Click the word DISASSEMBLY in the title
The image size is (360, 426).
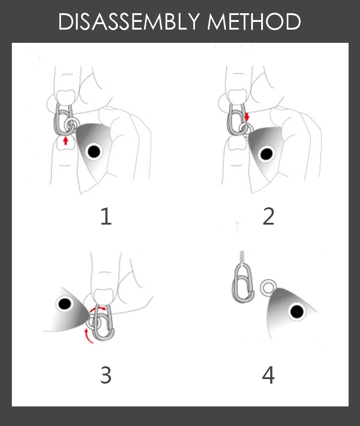tap(129, 21)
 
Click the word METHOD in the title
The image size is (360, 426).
tap(254, 21)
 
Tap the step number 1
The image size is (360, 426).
tap(106, 216)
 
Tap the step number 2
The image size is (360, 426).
tap(268, 216)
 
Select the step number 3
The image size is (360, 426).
tap(106, 375)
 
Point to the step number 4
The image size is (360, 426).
tap(268, 375)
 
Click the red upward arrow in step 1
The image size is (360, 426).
tap(65, 141)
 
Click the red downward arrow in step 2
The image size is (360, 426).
tap(247, 117)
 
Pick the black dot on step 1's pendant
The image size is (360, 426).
tap(94, 151)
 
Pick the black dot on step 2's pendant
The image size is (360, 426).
tap(267, 154)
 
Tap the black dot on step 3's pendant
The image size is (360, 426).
tap(65, 304)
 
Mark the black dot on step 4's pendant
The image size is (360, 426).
tap(297, 311)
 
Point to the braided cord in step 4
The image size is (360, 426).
tap(242, 257)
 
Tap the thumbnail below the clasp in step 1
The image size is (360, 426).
tap(66, 144)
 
